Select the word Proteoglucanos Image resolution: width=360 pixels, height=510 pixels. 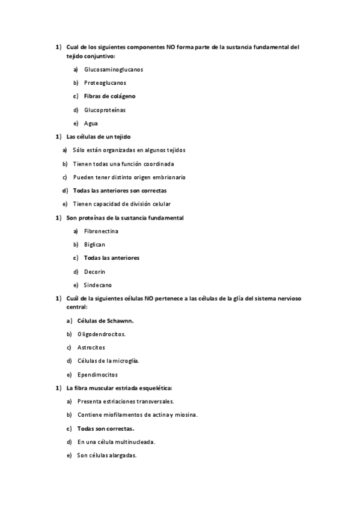coord(105,82)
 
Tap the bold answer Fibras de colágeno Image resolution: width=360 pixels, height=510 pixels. coord(109,96)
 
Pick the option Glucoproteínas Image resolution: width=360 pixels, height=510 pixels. coord(105,109)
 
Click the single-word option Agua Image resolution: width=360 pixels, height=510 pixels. coord(91,123)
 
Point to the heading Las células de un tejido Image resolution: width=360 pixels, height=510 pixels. coord(98,137)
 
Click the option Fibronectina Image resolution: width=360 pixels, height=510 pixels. coord(101,231)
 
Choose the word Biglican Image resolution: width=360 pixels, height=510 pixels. coord(94,245)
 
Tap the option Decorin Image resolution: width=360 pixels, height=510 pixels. coord(95,271)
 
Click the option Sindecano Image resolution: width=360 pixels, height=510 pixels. coord(98,285)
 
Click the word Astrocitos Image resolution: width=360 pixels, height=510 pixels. coord(91,348)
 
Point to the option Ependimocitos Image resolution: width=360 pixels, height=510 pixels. coord(98,375)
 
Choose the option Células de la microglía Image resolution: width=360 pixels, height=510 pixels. coord(108,361)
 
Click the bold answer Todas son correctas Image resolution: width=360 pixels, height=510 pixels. coord(106,428)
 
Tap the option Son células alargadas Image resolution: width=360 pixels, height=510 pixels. coord(107,455)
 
